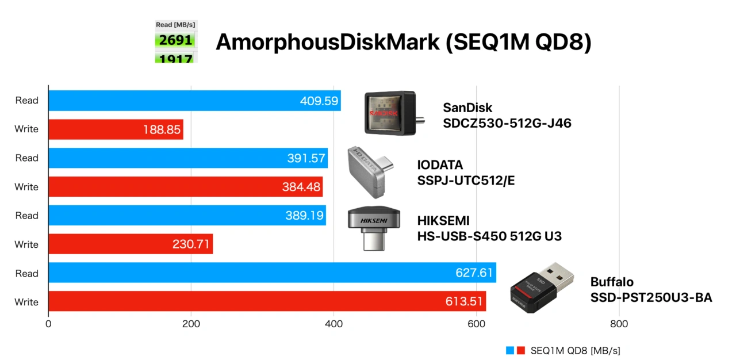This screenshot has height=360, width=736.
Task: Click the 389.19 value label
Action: pyautogui.click(x=305, y=216)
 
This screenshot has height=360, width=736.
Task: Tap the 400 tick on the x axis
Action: pyautogui.click(x=333, y=324)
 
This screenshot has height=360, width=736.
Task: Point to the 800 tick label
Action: pyautogui.click(x=619, y=324)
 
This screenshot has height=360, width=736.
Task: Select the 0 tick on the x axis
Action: pyautogui.click(x=48, y=324)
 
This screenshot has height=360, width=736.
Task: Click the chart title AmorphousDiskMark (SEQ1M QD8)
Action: pyautogui.click(x=403, y=43)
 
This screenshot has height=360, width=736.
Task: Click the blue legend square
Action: pyautogui.click(x=510, y=350)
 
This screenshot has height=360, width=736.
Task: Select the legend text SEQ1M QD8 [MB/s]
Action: pyautogui.click(x=575, y=350)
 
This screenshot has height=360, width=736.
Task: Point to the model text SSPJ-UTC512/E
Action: pyautogui.click(x=466, y=181)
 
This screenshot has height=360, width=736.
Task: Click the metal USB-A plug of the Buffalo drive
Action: pyautogui.click(x=561, y=273)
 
